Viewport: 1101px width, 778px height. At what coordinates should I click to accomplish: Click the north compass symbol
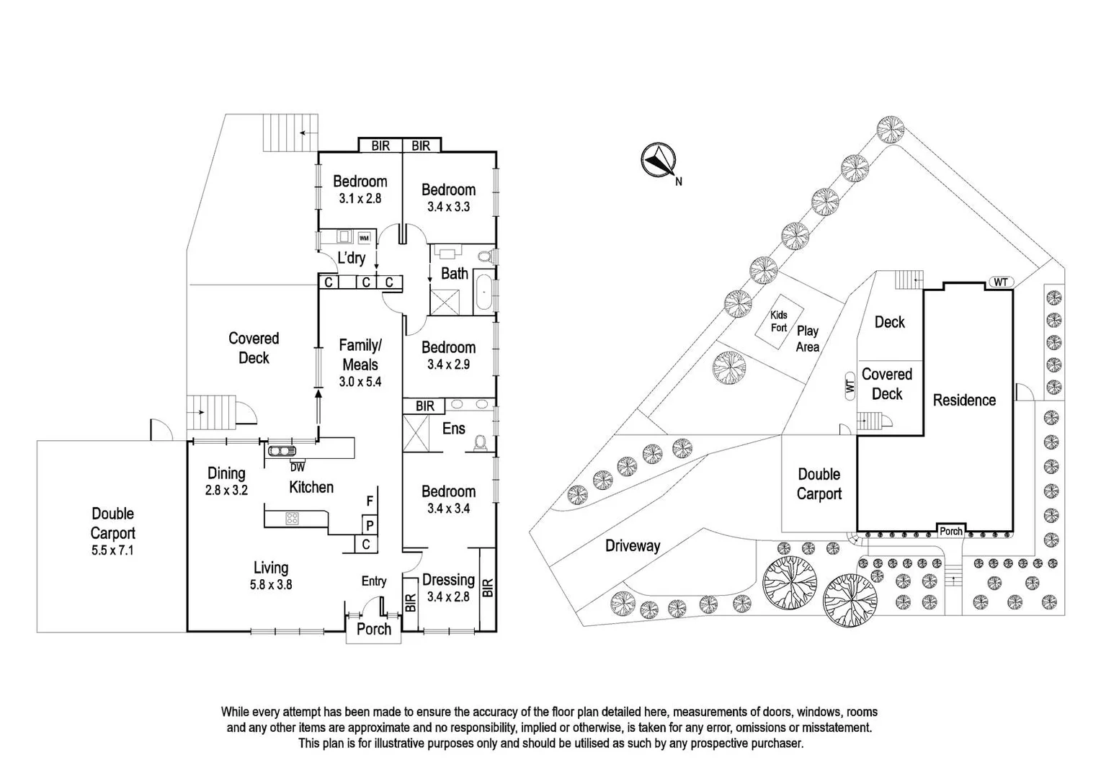[658, 160]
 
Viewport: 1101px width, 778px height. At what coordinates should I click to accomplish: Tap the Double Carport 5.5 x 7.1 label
[112, 532]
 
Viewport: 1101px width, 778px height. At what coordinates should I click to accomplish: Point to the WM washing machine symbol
[364, 238]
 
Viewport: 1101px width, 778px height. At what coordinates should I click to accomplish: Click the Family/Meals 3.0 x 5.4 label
[360, 363]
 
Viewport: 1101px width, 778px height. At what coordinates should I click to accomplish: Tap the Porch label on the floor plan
[374, 629]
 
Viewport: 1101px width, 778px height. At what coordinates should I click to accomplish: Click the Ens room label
[453, 429]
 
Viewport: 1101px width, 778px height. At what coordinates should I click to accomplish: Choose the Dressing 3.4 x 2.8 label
[448, 587]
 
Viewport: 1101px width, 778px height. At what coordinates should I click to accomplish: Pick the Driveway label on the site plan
[632, 545]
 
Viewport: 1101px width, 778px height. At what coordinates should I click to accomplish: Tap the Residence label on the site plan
[964, 400]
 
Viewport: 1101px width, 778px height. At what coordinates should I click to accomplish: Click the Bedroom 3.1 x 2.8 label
[360, 189]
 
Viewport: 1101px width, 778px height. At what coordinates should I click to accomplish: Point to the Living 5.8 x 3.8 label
[271, 576]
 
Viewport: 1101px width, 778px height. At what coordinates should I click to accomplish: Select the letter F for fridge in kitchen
[370, 501]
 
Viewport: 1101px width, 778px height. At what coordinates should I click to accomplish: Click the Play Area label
[808, 339]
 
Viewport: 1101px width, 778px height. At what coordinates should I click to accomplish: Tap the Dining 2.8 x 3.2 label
[226, 481]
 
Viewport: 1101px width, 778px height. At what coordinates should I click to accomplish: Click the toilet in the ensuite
[481, 444]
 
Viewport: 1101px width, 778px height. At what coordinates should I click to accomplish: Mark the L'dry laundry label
[352, 257]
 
